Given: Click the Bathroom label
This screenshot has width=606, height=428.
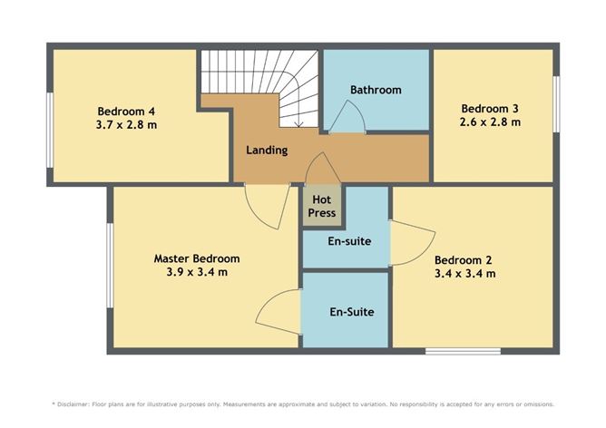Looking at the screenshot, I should [376, 90].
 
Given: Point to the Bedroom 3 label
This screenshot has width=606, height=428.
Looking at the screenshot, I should [490, 108].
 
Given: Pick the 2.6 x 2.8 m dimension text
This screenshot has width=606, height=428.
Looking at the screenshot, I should [490, 122].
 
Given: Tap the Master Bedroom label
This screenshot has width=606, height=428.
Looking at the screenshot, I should [197, 258].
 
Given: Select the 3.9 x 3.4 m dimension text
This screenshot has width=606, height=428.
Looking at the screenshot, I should [197, 272].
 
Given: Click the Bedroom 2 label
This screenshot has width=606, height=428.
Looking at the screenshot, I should [465, 258].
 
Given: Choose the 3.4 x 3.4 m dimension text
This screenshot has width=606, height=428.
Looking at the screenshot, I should [465, 273].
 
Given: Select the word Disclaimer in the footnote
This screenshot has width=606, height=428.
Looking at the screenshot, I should [76, 404].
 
